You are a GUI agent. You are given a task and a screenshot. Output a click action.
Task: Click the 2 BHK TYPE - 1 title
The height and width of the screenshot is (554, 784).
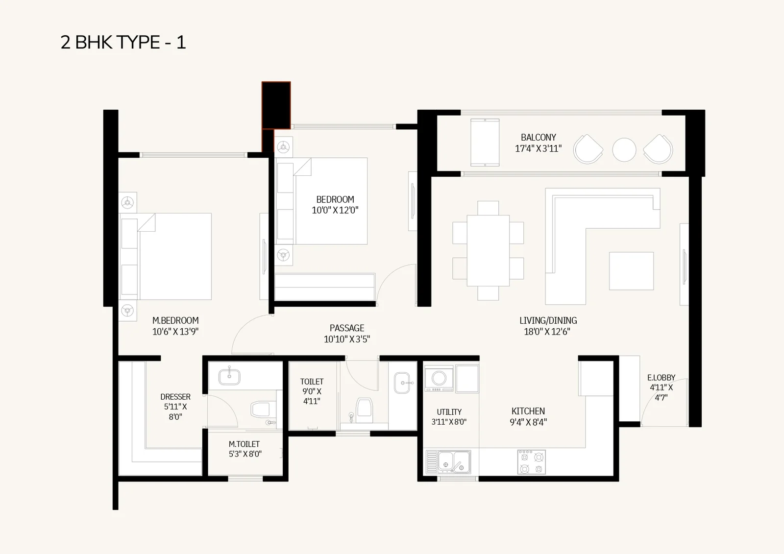(123, 42)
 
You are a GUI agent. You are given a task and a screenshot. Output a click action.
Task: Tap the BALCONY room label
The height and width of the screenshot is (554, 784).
(539, 137)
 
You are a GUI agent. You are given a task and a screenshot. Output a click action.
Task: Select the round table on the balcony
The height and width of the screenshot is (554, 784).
(624, 150)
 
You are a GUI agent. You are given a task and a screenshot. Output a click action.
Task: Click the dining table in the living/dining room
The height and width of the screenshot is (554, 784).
(488, 251)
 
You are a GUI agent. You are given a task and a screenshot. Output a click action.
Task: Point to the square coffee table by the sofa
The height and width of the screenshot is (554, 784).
(632, 271)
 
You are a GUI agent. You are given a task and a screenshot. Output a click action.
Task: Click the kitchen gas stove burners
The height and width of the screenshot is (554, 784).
(531, 462)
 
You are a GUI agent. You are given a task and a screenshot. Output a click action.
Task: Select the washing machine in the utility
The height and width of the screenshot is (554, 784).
(439, 378)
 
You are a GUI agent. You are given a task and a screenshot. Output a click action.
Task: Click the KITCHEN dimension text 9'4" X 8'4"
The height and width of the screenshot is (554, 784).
(528, 422)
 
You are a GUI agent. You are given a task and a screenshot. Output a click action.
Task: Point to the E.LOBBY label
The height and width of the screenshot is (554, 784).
(661, 378)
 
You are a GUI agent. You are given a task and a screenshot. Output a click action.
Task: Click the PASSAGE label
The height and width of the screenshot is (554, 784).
(347, 328)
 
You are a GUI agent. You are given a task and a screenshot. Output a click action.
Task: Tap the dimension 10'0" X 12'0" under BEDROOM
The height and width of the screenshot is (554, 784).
(335, 210)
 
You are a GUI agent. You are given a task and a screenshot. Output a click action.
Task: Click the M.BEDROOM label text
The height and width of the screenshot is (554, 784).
(175, 320)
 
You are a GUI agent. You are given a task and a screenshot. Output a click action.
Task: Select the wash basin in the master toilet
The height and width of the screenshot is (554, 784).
(229, 377)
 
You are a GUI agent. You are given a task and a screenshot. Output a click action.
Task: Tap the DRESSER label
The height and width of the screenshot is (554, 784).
(175, 397)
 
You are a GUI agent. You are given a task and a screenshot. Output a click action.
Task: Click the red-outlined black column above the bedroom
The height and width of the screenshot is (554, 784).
(276, 105)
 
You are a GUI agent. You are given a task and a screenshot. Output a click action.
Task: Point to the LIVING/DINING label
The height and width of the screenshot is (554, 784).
(548, 320)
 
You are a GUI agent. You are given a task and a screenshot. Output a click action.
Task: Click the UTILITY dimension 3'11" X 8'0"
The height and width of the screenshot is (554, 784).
(449, 422)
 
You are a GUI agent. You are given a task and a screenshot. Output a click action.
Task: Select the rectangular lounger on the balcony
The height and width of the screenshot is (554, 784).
(485, 142)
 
